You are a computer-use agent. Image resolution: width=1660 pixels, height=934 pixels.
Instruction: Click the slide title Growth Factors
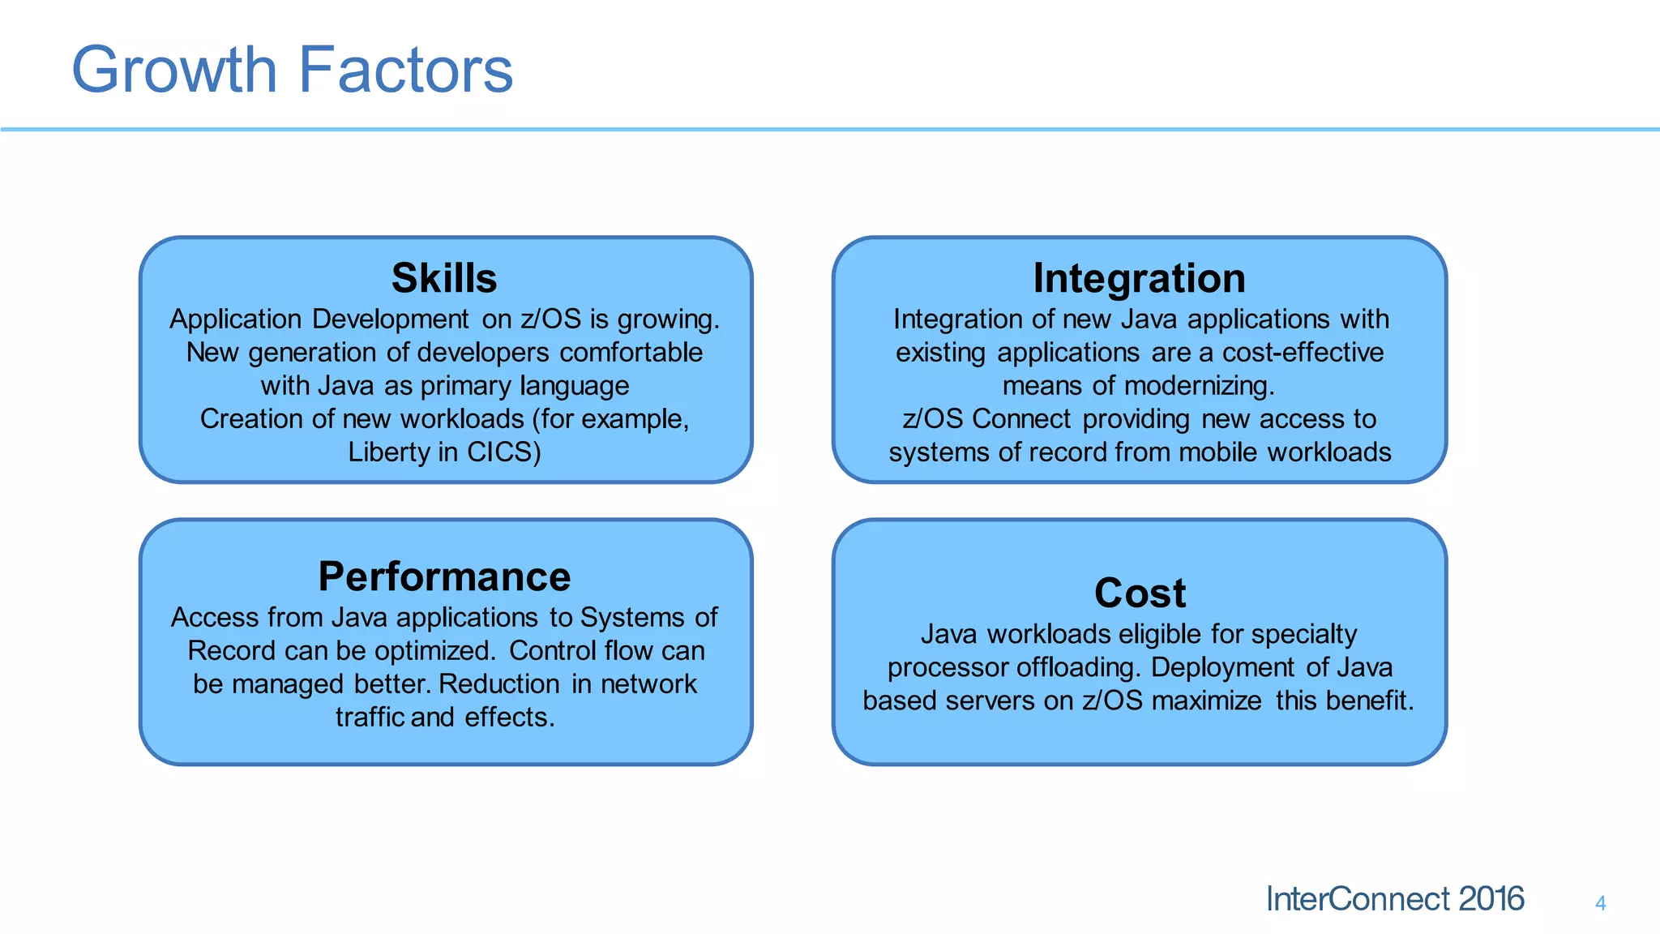click(292, 70)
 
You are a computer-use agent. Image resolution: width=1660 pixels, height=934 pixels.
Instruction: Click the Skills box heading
click(444, 278)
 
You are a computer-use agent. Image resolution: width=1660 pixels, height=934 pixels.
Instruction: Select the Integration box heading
click(1139, 278)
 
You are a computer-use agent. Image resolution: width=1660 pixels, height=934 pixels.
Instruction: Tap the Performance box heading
click(444, 576)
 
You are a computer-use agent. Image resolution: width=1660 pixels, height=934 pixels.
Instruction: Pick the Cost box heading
click(1140, 593)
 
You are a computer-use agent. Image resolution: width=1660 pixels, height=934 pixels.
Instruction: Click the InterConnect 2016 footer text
click(1394, 899)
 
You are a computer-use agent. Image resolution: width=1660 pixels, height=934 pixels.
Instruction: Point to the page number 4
click(1600, 903)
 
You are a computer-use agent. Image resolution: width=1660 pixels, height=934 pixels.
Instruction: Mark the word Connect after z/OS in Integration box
click(1021, 418)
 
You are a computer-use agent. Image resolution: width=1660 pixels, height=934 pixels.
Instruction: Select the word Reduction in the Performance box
click(499, 683)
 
